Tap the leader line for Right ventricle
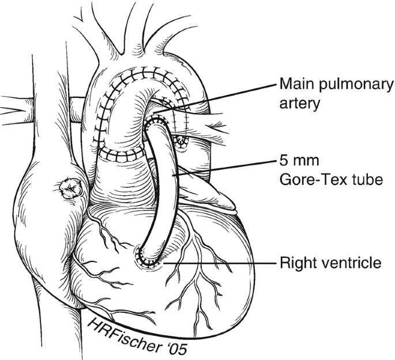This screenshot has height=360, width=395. (219, 263)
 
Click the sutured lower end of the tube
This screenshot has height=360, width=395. (148, 258)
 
